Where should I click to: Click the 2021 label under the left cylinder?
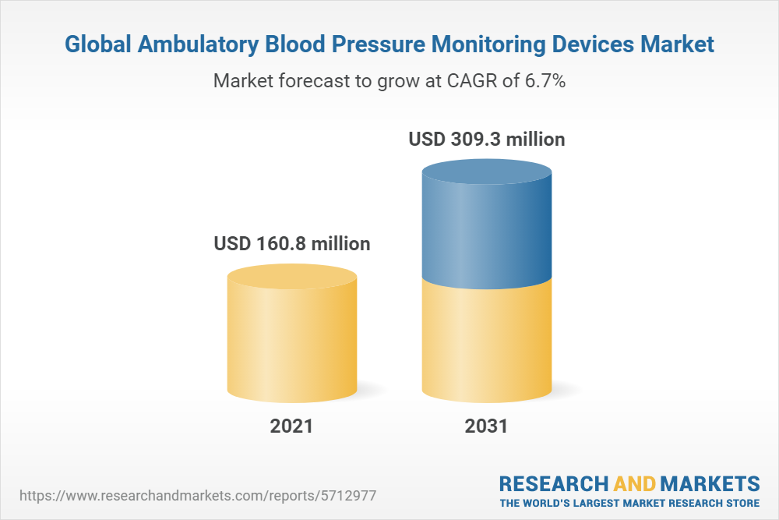[x=291, y=426]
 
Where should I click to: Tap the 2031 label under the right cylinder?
[x=486, y=426]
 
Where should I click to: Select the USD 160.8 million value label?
[x=292, y=244]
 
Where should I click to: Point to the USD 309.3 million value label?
[x=487, y=140]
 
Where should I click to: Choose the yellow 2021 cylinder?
[x=292, y=335]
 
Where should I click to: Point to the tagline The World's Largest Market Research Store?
[x=629, y=502]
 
